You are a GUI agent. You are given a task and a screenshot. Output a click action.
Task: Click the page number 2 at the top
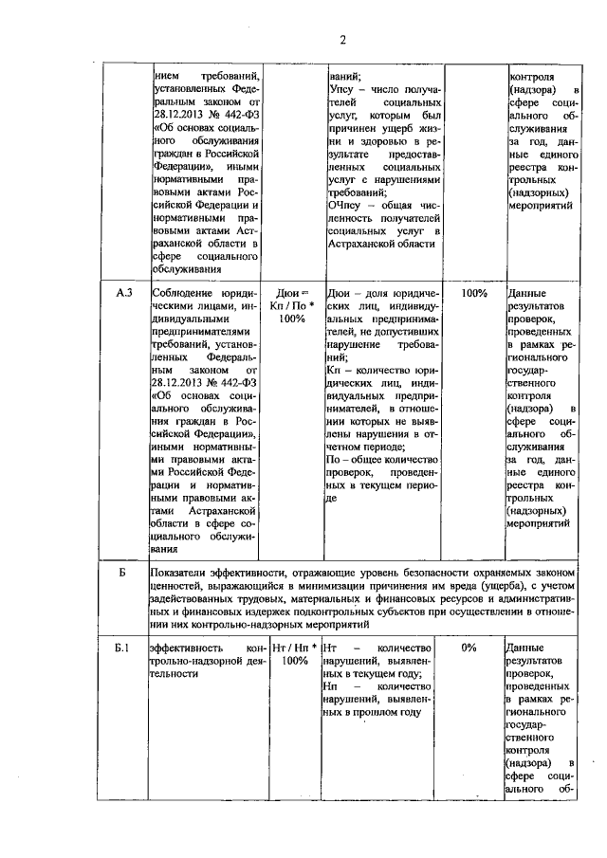coord(343,39)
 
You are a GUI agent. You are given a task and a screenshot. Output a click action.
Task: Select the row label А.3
coord(122,294)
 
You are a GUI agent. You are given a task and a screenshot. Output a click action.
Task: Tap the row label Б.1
coord(121,648)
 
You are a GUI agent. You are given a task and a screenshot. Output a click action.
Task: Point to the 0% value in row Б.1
coord(468,648)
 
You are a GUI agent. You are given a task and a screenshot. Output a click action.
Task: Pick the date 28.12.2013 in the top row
coord(182,126)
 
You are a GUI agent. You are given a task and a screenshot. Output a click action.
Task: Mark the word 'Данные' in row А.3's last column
coord(527,294)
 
